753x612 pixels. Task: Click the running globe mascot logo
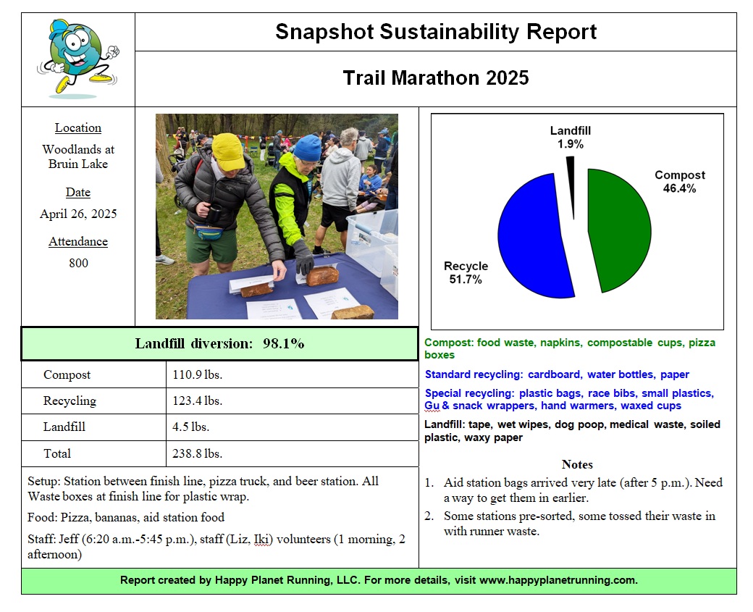78,58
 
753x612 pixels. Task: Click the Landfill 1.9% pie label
571,138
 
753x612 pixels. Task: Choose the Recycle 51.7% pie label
466,272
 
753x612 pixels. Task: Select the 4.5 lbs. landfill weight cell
190,427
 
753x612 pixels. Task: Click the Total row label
57,453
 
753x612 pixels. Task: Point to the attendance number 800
78,263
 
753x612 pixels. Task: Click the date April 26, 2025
78,214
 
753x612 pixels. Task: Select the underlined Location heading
78,127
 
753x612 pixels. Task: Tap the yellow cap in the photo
228,151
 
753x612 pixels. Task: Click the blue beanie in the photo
307,148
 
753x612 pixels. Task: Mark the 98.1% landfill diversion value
283,343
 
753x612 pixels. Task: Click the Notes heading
577,464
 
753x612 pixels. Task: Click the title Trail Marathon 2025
436,77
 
